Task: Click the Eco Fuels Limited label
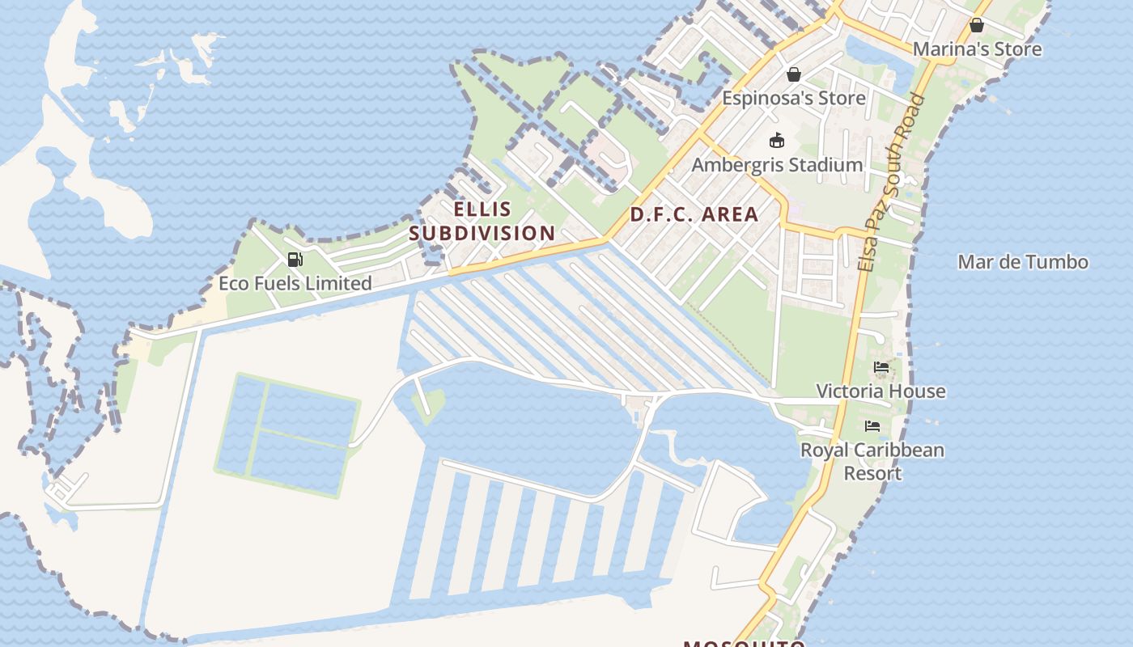295,283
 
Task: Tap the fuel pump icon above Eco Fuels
295,260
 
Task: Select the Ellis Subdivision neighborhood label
482,221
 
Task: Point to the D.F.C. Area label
694,214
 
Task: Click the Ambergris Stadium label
777,165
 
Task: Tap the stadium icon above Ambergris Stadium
777,141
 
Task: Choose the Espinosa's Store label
793,98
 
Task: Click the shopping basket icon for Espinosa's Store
794,74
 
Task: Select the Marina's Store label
977,49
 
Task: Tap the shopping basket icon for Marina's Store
977,25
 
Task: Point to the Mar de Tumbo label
1022,262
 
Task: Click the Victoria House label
881,391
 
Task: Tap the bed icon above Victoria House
881,368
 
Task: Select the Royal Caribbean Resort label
872,461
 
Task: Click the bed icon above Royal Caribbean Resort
872,426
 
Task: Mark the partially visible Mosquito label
745,642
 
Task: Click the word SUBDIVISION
482,233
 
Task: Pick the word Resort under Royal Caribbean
872,472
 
